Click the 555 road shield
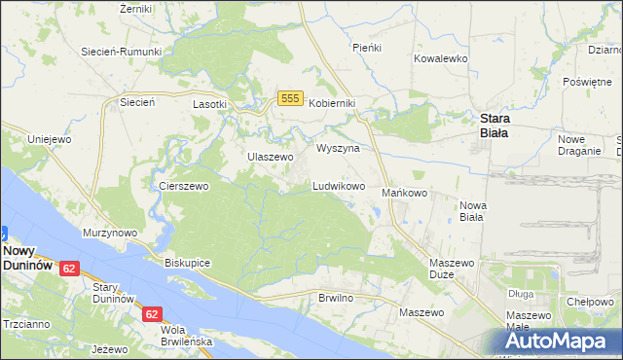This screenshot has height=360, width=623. (x=288, y=98)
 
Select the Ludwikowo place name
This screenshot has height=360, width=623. (x=338, y=185)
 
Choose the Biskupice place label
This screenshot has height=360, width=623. (x=188, y=264)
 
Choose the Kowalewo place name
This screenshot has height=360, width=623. (x=441, y=58)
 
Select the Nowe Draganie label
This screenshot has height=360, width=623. (x=577, y=145)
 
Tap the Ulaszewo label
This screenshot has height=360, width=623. (x=270, y=157)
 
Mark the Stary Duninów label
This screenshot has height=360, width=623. (x=112, y=293)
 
